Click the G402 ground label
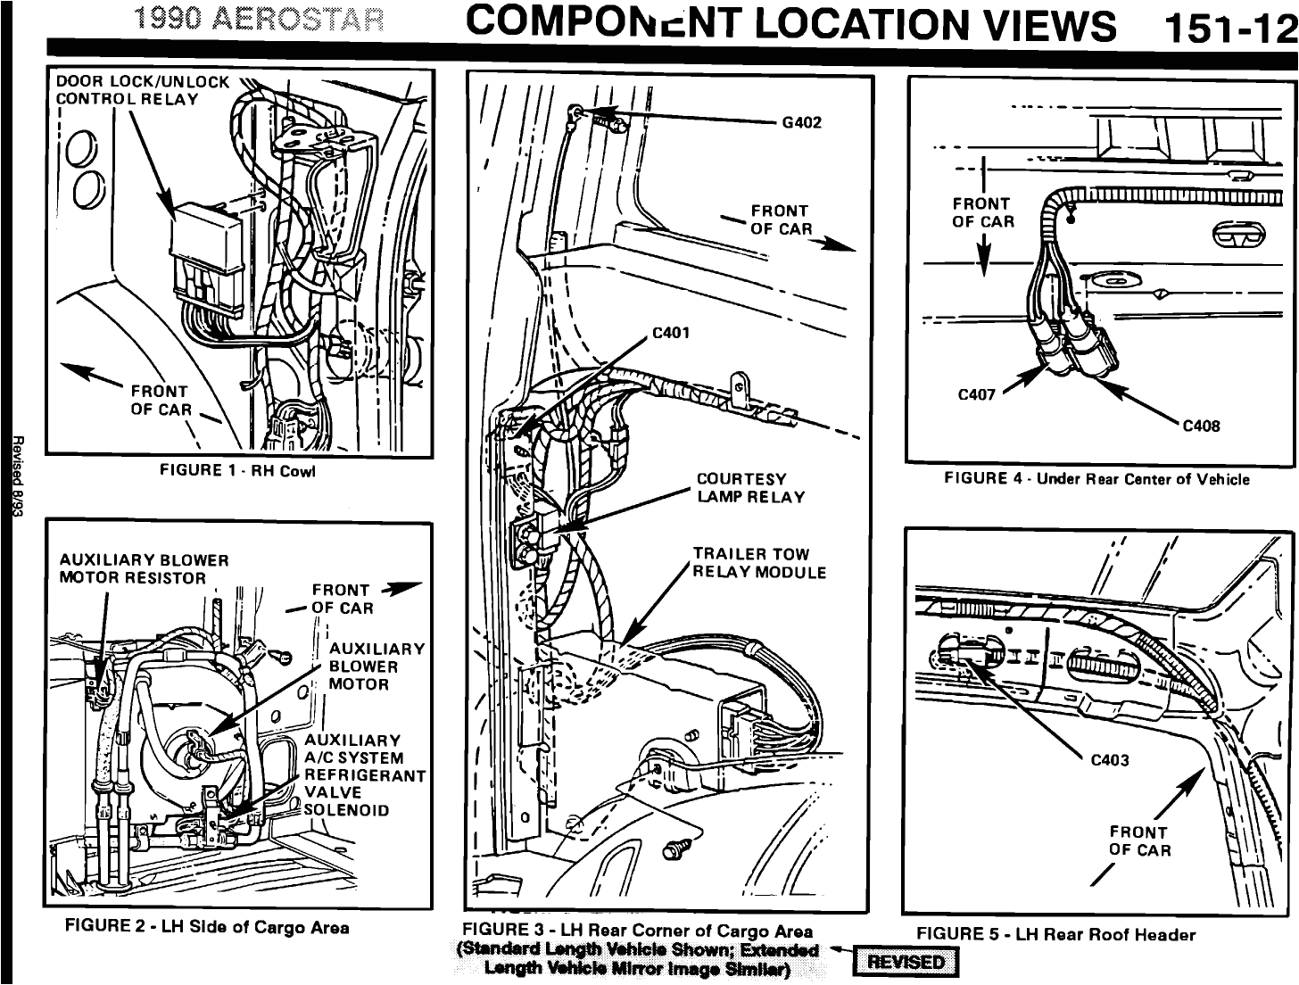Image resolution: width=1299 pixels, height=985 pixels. point(801,122)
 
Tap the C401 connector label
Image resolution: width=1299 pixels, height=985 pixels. point(671,334)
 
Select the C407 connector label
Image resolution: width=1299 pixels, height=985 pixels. point(976,394)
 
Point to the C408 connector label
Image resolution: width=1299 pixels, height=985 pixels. point(1200,426)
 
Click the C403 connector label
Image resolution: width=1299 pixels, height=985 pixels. point(1110,760)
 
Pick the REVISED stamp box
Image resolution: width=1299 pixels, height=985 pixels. point(906,962)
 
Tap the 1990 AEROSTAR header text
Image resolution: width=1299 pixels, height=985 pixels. point(259,20)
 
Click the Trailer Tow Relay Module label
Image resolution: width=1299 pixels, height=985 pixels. point(759,563)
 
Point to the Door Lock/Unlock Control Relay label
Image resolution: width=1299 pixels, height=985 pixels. point(143,90)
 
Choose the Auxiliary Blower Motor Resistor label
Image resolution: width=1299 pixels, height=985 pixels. point(144,568)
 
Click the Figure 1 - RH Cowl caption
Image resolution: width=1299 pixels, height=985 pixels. point(237,470)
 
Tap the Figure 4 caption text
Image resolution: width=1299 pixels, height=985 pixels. point(1096,479)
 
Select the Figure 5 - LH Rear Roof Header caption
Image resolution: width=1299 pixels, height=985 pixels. point(1055,934)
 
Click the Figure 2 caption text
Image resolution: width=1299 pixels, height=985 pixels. point(207,927)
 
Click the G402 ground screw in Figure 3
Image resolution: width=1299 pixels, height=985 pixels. point(579,112)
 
